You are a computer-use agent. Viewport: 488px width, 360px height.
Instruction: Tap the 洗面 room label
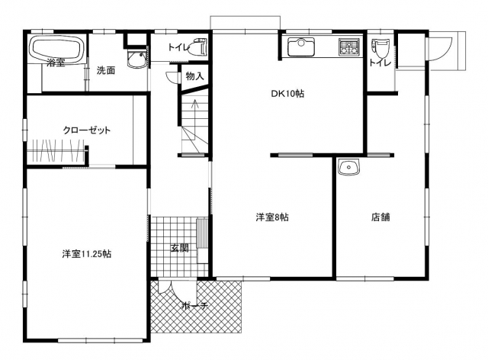105,70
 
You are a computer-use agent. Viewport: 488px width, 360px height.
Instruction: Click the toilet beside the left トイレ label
199,47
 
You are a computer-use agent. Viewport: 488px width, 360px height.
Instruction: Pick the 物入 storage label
194,76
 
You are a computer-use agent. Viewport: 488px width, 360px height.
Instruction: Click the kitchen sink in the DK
301,47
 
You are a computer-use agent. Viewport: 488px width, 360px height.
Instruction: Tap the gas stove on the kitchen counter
349,47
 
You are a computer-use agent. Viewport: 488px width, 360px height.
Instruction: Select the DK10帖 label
287,93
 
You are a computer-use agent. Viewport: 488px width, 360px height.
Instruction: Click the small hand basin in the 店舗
348,167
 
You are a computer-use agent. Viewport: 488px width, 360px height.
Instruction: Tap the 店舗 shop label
380,217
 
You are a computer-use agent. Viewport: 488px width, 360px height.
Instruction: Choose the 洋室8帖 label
272,217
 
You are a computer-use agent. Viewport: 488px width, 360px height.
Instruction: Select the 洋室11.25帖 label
86,254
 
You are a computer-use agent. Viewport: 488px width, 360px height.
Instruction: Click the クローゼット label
87,130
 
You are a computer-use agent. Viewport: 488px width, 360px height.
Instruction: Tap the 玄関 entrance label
180,248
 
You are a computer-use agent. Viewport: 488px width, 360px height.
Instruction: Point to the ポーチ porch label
195,306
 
